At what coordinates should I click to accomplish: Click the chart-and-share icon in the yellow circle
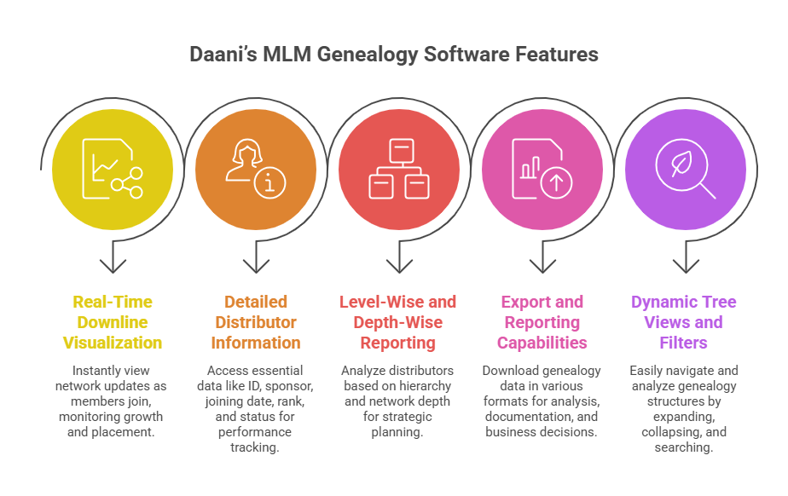pos(113,169)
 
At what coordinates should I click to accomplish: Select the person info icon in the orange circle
pos(256,169)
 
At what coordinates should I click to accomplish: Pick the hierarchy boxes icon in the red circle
pos(398,169)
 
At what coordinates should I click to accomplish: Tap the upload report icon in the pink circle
pos(542,169)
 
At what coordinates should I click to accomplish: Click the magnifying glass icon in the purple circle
pos(686,169)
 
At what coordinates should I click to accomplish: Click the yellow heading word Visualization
pos(113,343)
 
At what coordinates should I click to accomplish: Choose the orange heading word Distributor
pos(256,323)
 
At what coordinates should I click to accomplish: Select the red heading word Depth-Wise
pos(398,323)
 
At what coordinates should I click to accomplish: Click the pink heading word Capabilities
pos(542,343)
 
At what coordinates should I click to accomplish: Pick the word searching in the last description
pos(684,447)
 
